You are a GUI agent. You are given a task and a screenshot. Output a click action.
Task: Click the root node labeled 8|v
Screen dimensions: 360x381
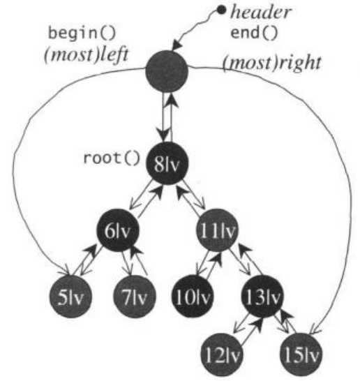(x=167, y=163)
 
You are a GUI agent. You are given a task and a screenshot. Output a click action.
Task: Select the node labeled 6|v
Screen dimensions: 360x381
(x=118, y=230)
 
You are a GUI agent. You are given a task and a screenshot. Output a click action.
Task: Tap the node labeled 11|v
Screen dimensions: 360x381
(x=217, y=230)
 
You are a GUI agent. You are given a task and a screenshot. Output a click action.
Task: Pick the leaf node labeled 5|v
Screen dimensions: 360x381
(x=70, y=297)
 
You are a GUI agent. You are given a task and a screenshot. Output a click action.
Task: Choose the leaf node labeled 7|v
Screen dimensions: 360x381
(x=135, y=297)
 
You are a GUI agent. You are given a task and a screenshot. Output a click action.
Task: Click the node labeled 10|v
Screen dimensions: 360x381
(x=193, y=296)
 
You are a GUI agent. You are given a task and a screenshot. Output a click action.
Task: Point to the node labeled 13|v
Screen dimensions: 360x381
(x=262, y=296)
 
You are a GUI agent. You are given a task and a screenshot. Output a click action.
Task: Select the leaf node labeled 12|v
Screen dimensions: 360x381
(x=222, y=354)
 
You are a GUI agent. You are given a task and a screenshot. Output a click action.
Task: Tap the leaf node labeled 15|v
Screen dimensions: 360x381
(x=301, y=354)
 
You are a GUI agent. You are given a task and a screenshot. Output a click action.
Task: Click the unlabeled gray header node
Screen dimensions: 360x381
(x=167, y=71)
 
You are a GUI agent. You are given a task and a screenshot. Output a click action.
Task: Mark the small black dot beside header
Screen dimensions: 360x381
(x=221, y=10)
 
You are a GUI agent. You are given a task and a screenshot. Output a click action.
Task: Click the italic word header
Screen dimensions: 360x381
(x=260, y=12)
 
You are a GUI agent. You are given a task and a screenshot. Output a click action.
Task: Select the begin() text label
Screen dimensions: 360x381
(x=82, y=33)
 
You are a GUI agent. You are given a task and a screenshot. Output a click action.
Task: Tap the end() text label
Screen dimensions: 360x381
(x=254, y=33)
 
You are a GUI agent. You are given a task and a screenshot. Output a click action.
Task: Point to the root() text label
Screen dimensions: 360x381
(x=112, y=158)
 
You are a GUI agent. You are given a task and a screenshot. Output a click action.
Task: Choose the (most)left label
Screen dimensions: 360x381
(x=87, y=55)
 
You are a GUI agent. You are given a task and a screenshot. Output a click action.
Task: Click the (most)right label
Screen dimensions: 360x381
(x=272, y=63)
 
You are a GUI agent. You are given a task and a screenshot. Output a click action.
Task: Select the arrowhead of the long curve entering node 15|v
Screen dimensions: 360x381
(x=315, y=331)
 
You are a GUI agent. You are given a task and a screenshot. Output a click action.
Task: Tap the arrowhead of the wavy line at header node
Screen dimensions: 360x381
(x=176, y=45)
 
